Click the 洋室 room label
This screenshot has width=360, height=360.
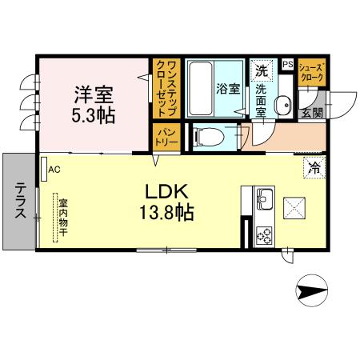(91, 94)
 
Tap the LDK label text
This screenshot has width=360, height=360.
(166, 193)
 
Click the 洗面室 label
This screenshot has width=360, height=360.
(261, 100)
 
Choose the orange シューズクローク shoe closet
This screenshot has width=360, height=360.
(311, 73)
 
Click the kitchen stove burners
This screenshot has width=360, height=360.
(264, 234)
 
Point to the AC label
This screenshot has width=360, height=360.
(54, 170)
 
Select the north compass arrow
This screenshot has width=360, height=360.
(313, 290)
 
